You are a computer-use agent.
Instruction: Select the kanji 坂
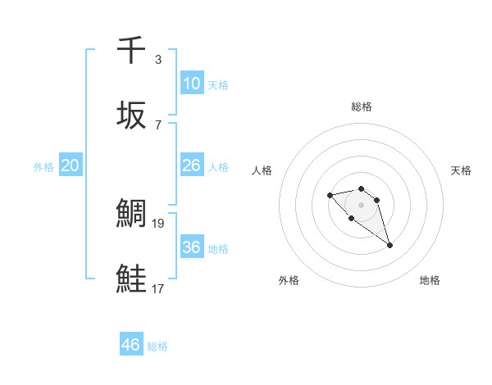click(132, 115)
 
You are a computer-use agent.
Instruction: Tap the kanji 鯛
click(132, 214)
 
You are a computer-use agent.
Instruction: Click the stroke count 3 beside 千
click(157, 60)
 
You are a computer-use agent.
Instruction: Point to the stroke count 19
click(159, 222)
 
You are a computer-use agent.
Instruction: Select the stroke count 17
click(159, 288)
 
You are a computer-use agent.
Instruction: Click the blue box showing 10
click(191, 83)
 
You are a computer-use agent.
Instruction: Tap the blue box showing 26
click(191, 165)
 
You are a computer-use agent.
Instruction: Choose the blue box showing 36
click(191, 247)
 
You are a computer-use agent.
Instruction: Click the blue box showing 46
click(131, 345)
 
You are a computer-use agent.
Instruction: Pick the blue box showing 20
click(71, 165)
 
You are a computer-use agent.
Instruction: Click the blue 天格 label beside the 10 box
click(218, 85)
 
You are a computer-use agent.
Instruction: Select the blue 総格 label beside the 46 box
click(157, 346)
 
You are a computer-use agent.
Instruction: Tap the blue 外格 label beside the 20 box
click(43, 167)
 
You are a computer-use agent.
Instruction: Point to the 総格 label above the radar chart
click(362, 106)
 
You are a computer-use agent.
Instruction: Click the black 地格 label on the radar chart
click(430, 280)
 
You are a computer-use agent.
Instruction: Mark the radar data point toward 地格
click(390, 245)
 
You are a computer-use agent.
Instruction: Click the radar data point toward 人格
click(330, 195)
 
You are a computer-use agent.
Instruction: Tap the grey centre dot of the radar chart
click(362, 205)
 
